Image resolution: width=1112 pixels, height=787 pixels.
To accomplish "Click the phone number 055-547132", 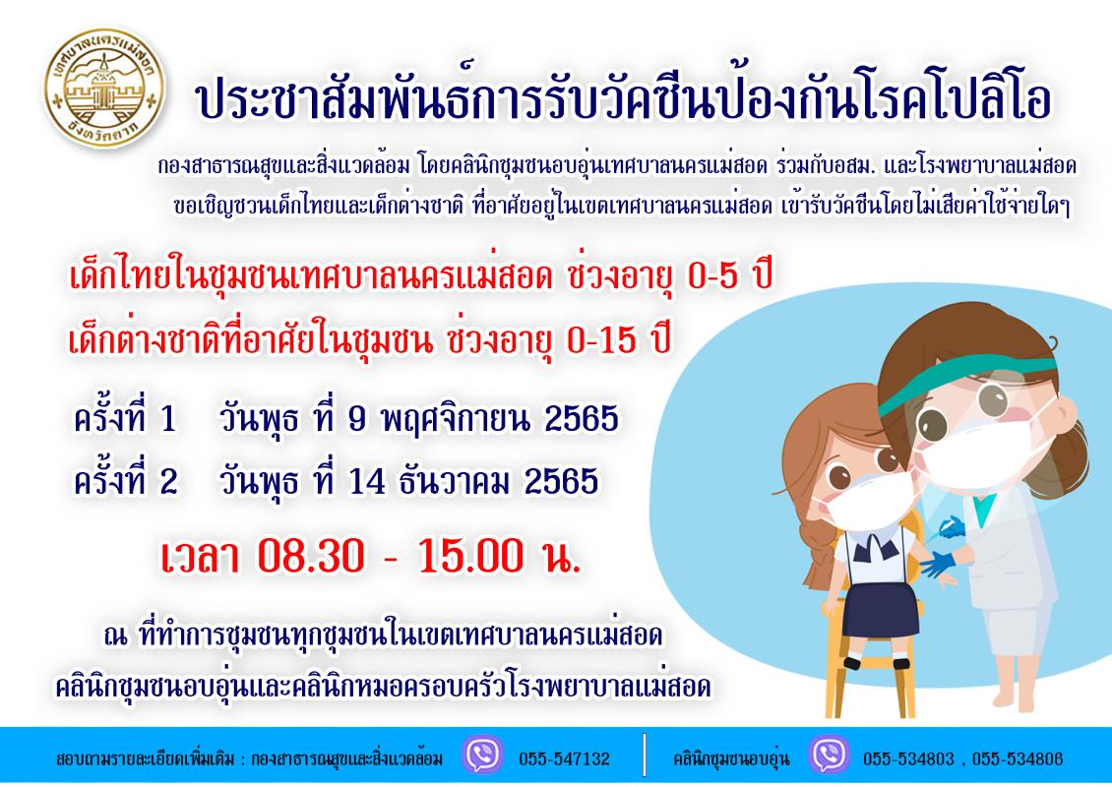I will coord(564,758).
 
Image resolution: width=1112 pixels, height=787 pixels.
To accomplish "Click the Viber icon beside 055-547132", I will coord(483,757).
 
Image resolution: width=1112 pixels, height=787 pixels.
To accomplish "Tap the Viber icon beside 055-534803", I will coord(828,757).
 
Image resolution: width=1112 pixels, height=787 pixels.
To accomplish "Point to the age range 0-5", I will coord(700,280).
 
